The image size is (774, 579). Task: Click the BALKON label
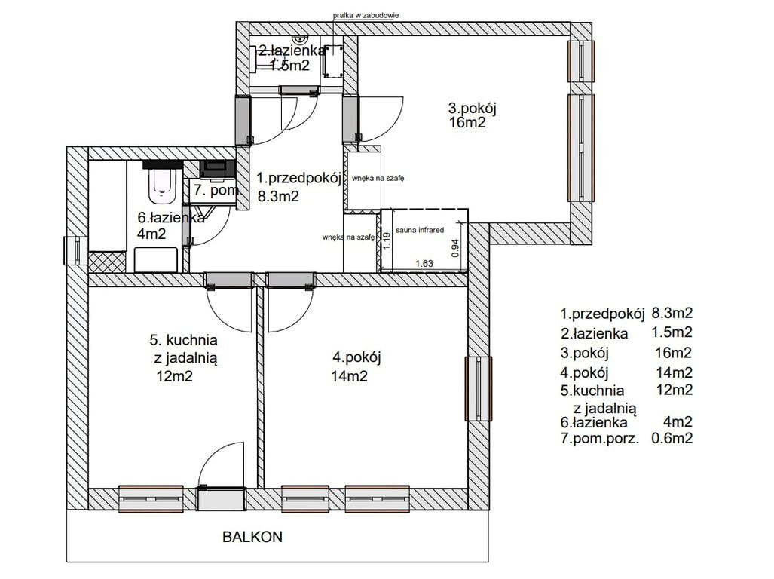point(252,537)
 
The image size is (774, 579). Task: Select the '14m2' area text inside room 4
point(350,376)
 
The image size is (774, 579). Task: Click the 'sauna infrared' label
point(420,230)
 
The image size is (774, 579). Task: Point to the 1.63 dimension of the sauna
point(424,263)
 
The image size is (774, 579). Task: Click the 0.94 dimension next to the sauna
point(456,248)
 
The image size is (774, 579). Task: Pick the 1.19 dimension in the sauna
point(387,240)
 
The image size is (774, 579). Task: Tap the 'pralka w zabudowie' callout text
point(366,15)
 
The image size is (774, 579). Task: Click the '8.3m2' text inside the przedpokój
point(278,197)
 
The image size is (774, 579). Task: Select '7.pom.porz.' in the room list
point(600,438)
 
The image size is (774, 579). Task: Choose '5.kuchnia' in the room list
point(592,391)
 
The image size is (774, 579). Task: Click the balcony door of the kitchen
point(221,498)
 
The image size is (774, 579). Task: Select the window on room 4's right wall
point(479,389)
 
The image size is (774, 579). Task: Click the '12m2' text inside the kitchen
point(174,376)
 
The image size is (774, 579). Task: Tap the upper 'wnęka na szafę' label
point(378,178)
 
